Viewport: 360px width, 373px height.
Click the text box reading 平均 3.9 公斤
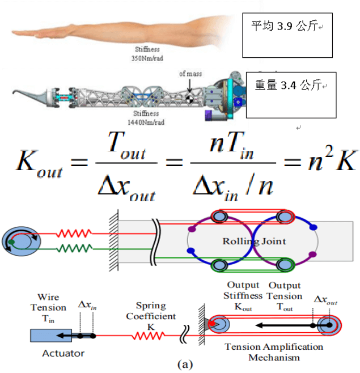point(287,34)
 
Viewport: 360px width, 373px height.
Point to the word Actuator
point(63,353)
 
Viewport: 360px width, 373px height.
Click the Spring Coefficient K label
point(151,316)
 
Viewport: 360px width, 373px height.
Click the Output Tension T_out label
point(284,295)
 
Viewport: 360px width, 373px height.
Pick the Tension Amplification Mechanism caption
point(274,352)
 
